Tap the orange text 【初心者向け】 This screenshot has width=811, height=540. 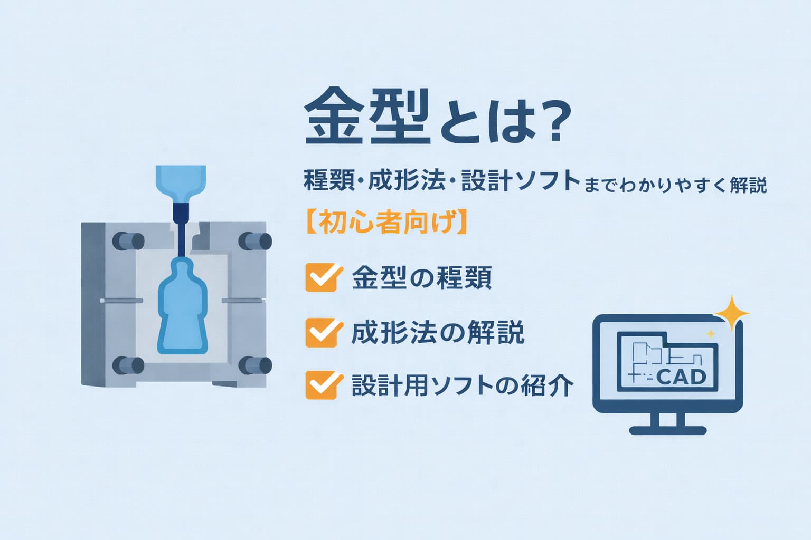[x=386, y=221]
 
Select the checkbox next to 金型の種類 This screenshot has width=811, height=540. [x=323, y=277]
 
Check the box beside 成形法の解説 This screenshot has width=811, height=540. [x=323, y=333]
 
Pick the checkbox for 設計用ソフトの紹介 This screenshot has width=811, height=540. [x=323, y=385]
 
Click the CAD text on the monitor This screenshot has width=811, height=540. [x=681, y=378]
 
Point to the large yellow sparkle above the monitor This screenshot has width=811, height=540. [x=731, y=313]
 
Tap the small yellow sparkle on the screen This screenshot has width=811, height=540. [x=711, y=333]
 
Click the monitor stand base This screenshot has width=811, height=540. [x=667, y=430]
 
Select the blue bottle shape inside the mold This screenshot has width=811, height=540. [x=183, y=307]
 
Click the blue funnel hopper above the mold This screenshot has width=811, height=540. [x=181, y=185]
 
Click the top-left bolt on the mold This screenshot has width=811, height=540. [x=128, y=241]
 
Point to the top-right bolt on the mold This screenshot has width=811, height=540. [x=255, y=241]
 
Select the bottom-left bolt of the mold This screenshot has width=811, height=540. [x=128, y=365]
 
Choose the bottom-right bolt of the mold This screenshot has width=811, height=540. [x=255, y=365]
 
